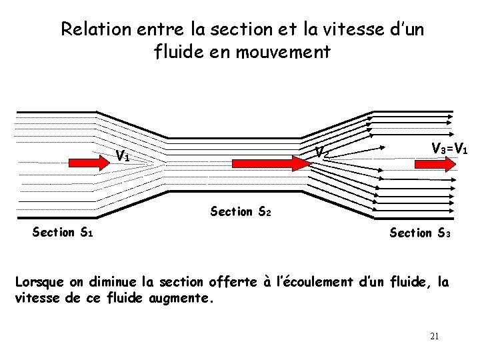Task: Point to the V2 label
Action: (x=321, y=153)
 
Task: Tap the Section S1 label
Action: (x=63, y=233)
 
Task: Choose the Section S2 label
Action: (x=241, y=212)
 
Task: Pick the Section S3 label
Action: (x=421, y=233)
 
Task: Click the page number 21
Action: (x=435, y=336)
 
